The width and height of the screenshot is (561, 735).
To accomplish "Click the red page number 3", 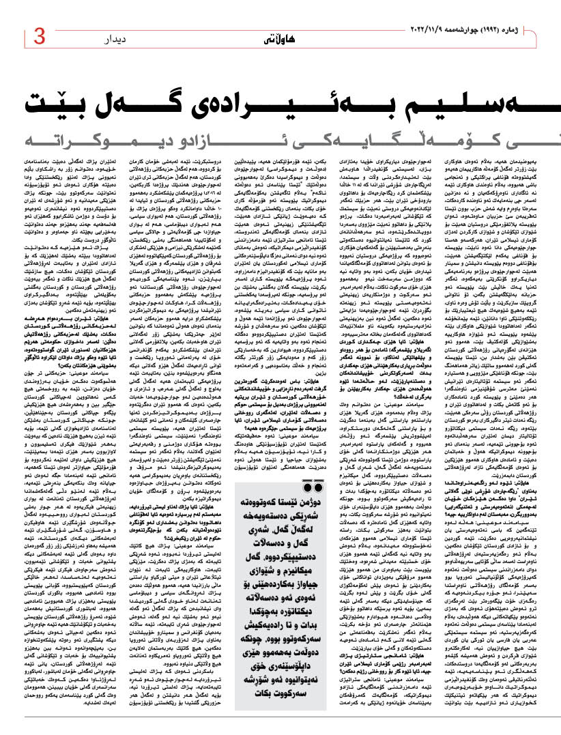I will [38, 35].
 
